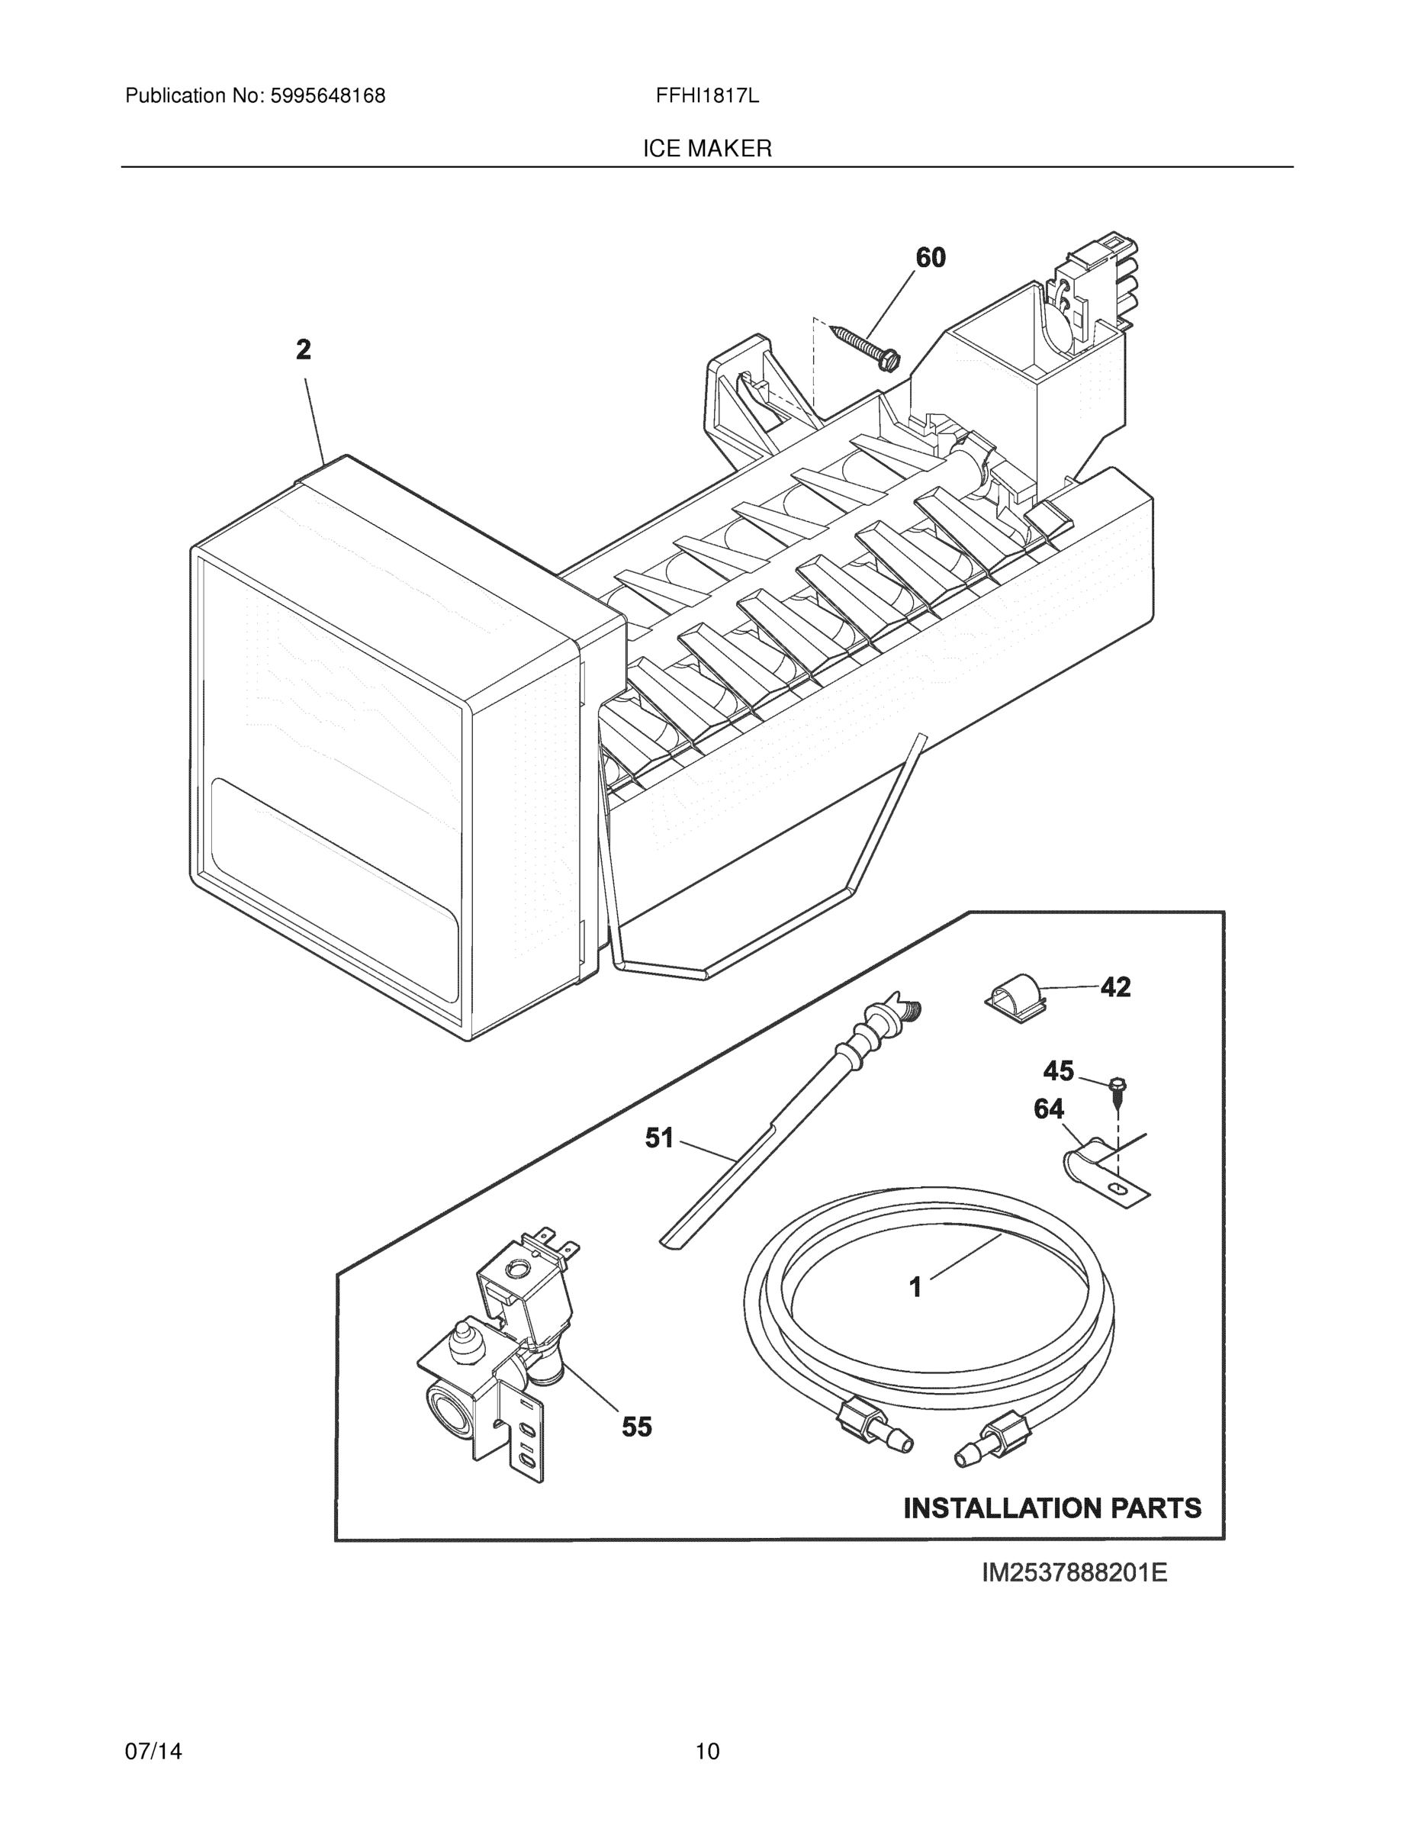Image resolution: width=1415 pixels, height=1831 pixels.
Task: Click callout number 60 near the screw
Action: (x=931, y=257)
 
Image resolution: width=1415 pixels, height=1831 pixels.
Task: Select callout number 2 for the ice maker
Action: (x=304, y=349)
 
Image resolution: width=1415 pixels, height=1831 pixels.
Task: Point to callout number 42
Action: (x=1115, y=988)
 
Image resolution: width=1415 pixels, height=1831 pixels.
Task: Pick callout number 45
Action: (x=1058, y=1070)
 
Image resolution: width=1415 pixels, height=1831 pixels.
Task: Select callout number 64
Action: (x=1049, y=1109)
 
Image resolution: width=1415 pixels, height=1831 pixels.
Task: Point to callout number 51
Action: (x=659, y=1138)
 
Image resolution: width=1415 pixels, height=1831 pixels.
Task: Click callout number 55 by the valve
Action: (x=636, y=1427)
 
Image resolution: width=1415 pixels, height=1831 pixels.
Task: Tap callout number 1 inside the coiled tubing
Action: (x=915, y=1287)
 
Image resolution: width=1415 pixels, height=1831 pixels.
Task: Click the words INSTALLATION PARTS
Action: (x=1052, y=1509)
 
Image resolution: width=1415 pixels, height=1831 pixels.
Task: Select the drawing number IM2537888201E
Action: (x=1074, y=1574)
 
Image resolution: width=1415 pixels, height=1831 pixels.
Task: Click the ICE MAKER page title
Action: (x=706, y=150)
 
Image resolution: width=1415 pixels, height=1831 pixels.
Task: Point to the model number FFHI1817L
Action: (x=706, y=96)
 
